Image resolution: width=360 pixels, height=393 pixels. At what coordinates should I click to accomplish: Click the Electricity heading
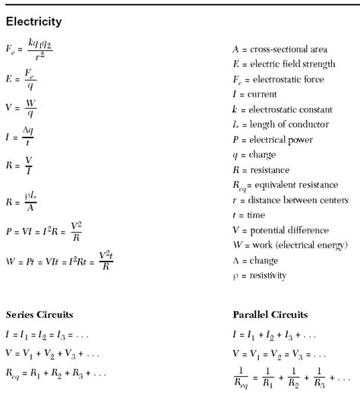(x=33, y=21)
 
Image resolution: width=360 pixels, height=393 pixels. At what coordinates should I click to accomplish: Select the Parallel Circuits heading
(x=270, y=314)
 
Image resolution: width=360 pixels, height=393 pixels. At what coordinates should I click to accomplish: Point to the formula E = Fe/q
(x=23, y=81)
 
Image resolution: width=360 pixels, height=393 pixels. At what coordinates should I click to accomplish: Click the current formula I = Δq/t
(x=21, y=137)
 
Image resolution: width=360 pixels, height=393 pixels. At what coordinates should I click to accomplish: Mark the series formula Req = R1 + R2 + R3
(x=56, y=373)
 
